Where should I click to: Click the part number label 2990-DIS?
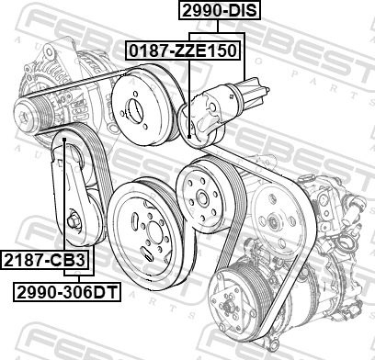[x=220, y=10]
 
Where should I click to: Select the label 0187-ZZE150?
[x=183, y=51]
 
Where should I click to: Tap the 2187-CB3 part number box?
[x=45, y=260]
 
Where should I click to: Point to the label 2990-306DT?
[x=67, y=292]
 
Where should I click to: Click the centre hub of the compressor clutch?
[x=229, y=306]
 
